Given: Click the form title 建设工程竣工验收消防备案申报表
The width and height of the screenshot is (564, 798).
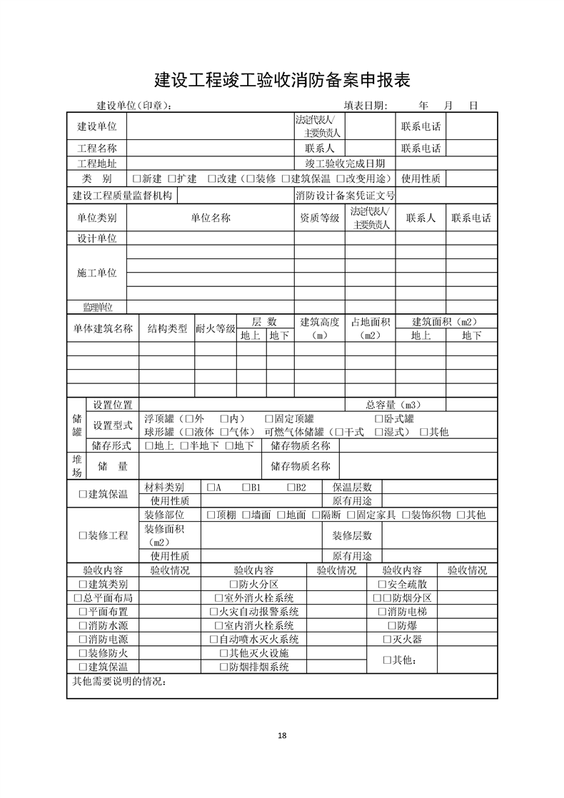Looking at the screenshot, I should pyautogui.click(x=282, y=79).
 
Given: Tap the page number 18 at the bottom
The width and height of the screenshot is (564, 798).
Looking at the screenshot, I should pyautogui.click(x=282, y=736).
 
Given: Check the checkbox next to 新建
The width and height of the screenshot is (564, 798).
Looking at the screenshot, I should pyautogui.click(x=136, y=178).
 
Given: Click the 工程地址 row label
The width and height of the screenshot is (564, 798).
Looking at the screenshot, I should pyautogui.click(x=96, y=163).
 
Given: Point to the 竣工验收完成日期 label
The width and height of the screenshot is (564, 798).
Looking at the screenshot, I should pyautogui.click(x=345, y=163).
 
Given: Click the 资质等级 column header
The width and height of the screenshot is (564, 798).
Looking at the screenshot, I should pyautogui.click(x=319, y=218).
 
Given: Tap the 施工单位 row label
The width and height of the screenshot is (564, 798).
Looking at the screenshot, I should pyautogui.click(x=96, y=273).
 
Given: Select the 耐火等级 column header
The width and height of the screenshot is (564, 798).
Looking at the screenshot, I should pyautogui.click(x=215, y=328).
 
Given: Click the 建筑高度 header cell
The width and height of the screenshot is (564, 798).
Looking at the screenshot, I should pyautogui.click(x=319, y=328).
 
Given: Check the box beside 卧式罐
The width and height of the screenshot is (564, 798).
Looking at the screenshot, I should pyautogui.click(x=379, y=419).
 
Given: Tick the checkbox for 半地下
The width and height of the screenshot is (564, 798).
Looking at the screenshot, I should pyautogui.click(x=183, y=446).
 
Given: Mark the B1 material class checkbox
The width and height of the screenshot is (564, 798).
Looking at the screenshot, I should pyautogui.click(x=246, y=487).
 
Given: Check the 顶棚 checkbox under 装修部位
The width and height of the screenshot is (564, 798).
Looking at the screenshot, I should pyautogui.click(x=211, y=515).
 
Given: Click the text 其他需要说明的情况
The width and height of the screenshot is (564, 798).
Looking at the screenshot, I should pyautogui.click(x=119, y=681).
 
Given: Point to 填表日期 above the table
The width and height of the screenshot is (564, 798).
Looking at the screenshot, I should pyautogui.click(x=366, y=106).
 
